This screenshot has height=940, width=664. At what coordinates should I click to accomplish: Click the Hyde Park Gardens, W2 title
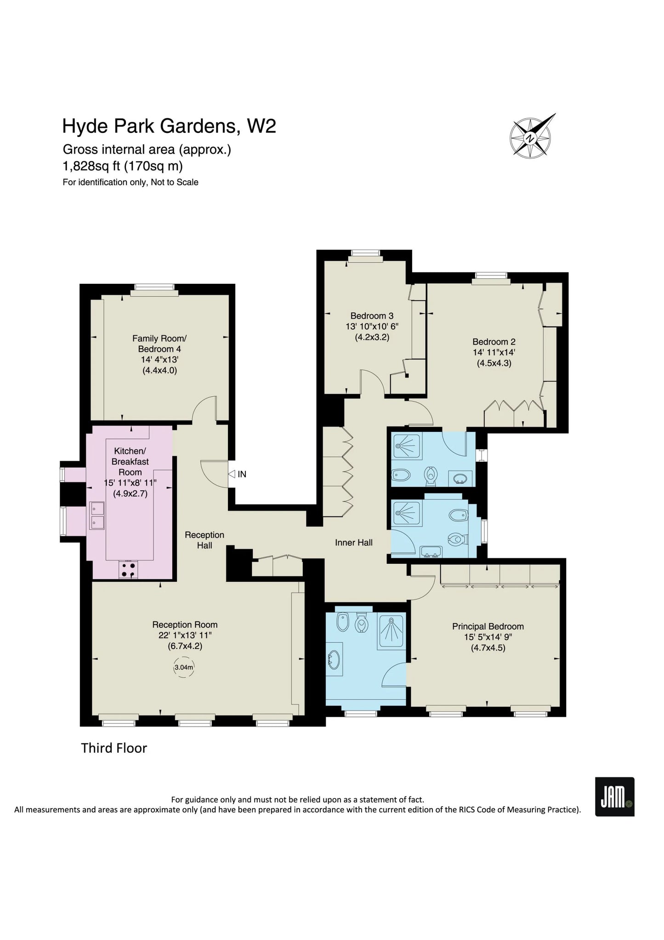pos(169,126)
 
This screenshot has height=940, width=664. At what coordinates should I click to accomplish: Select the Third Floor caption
pos(114,748)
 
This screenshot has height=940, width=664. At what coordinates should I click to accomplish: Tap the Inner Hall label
pos(354,543)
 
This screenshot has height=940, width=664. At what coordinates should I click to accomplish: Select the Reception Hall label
pos(204,540)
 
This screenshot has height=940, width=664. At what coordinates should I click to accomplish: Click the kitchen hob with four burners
pos(129,570)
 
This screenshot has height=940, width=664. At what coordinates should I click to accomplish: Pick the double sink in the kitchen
pos(96,515)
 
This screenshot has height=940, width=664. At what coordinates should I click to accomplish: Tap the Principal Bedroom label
pos(488,626)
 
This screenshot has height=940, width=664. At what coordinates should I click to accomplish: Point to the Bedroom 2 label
pos(494,342)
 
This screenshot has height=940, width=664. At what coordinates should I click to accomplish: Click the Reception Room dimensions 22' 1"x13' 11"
pos(185,635)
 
